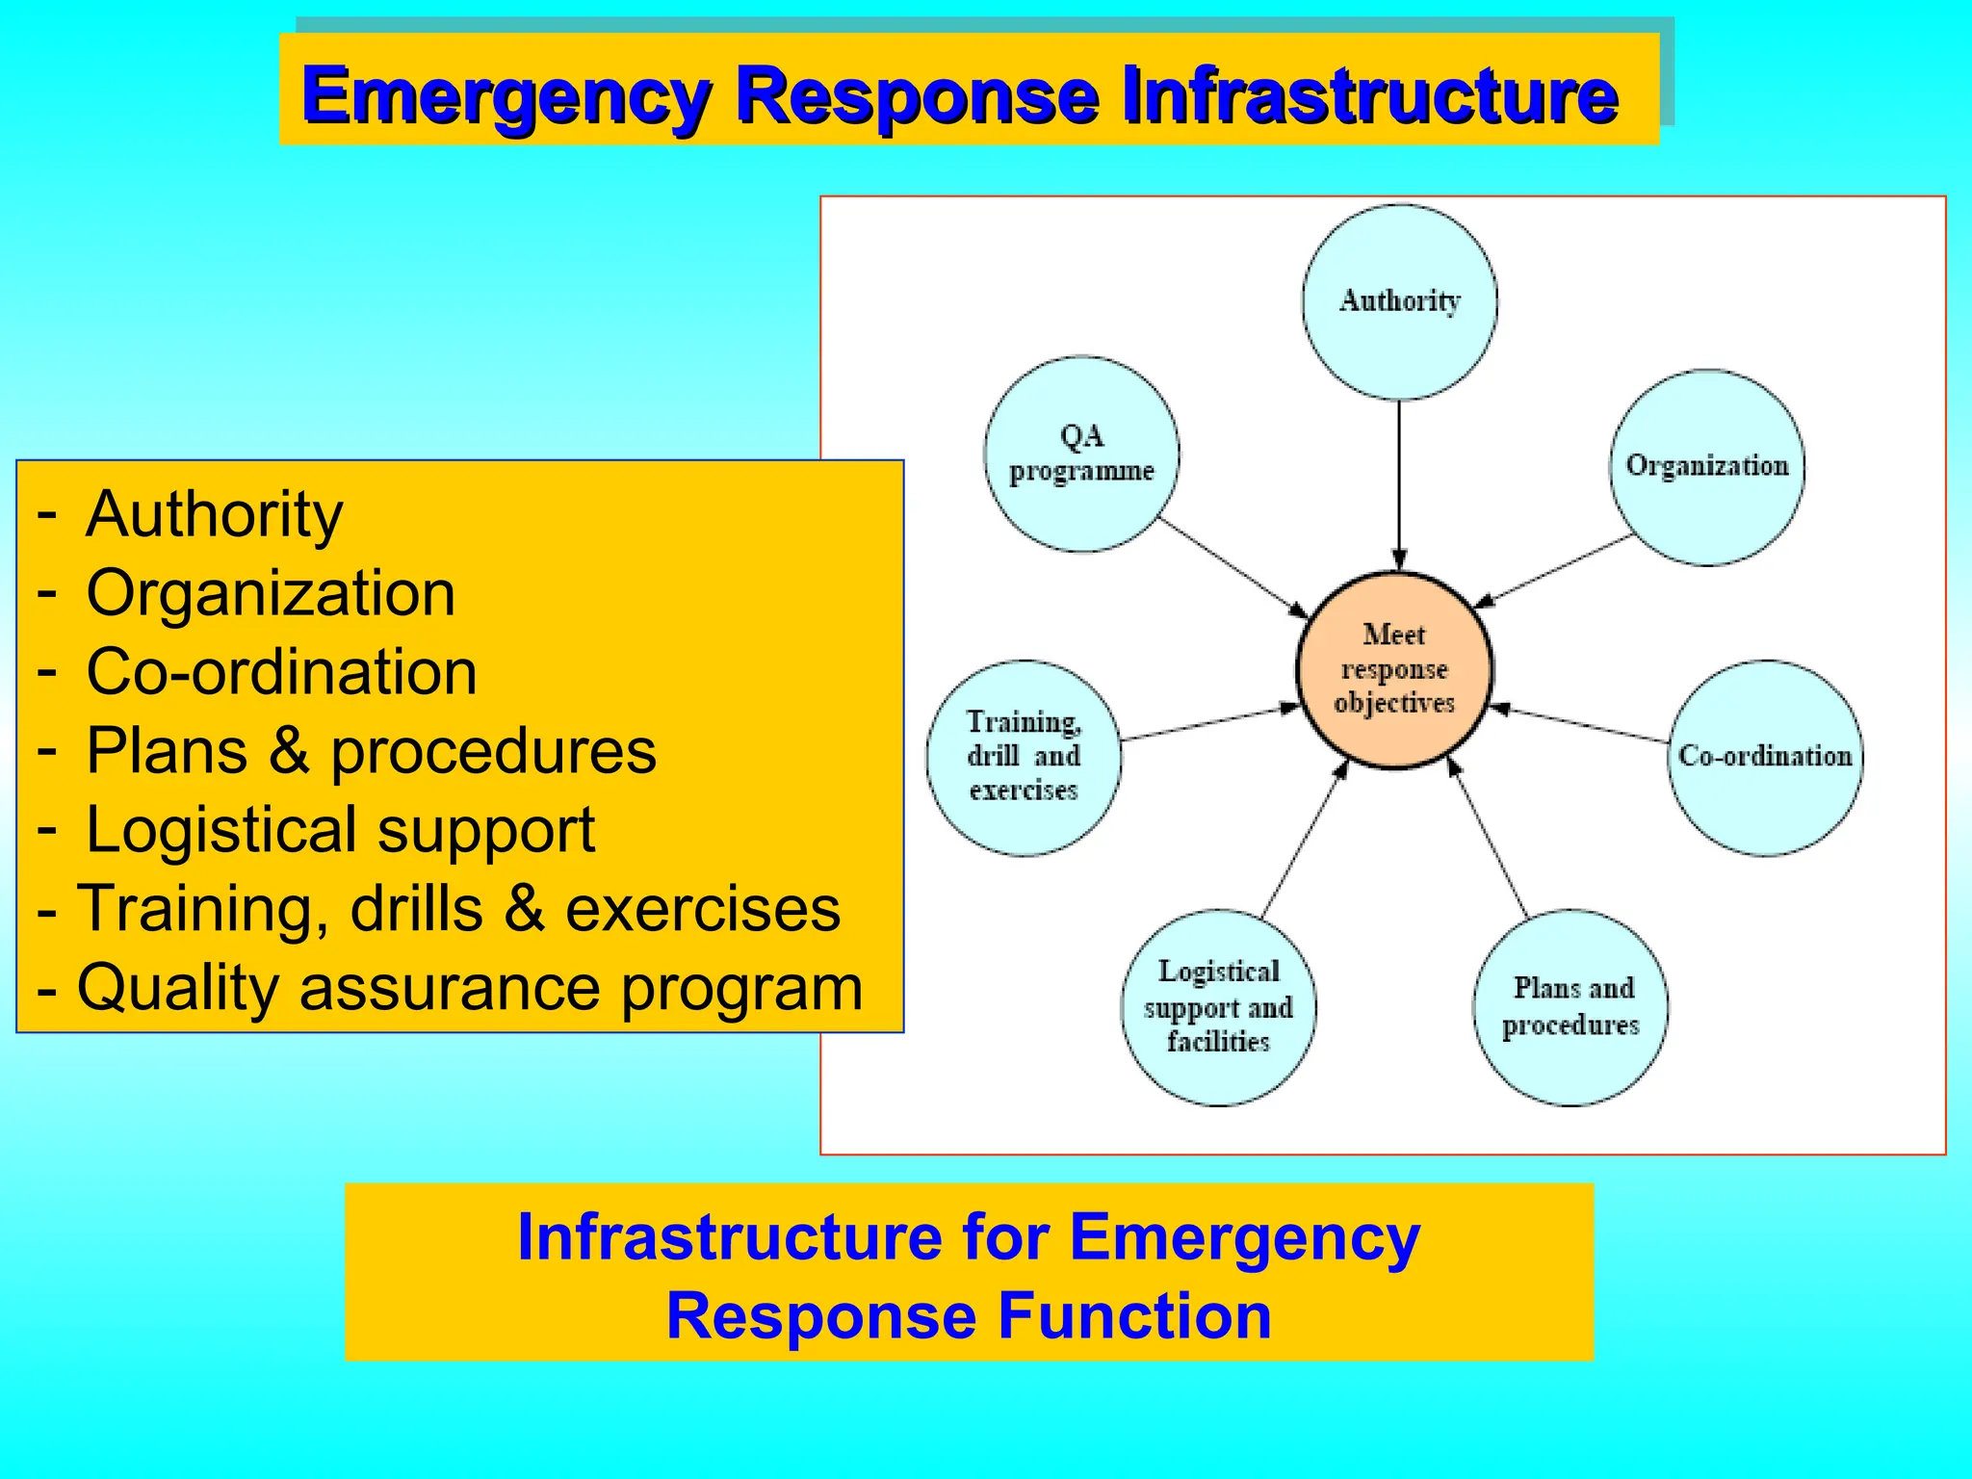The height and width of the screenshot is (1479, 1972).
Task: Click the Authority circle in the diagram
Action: coord(1399,301)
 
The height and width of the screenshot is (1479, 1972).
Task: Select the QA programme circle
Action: coord(1081,454)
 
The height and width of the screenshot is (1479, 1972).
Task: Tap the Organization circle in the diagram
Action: coord(1706,467)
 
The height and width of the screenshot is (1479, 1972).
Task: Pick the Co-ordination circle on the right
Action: coord(1764,757)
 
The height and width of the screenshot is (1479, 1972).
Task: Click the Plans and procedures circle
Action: coord(1570,1007)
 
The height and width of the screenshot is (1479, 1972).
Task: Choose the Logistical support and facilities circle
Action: coord(1218,1007)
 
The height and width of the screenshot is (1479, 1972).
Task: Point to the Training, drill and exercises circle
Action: coord(1024,757)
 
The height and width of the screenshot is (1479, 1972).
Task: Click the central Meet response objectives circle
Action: coord(1394,669)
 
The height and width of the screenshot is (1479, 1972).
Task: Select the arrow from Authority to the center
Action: coord(1399,481)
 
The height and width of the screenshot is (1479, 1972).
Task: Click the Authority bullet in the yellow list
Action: coord(214,514)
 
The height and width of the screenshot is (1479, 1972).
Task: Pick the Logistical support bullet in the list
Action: coord(340,830)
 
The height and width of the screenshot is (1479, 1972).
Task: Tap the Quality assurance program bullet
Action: coord(469,988)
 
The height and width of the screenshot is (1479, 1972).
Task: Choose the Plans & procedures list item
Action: coord(371,751)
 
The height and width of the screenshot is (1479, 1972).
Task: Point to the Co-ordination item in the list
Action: coord(281,672)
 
